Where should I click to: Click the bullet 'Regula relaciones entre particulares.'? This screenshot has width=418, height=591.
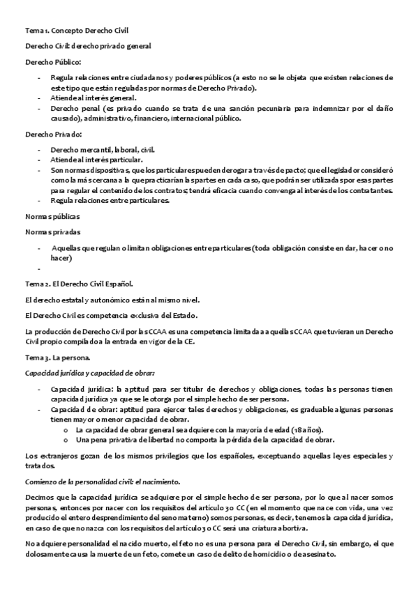[x=110, y=201]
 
